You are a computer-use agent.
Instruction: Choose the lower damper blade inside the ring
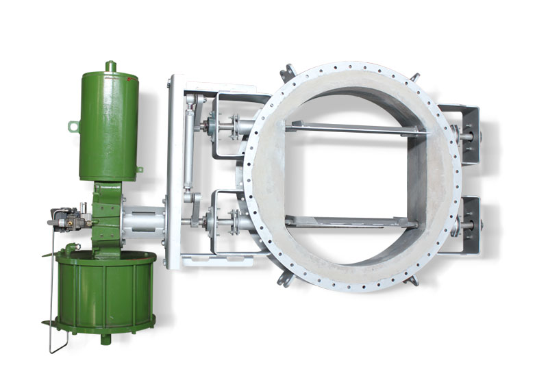tap(353, 221)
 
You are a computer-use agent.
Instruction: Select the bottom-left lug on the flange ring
tap(283, 280)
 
